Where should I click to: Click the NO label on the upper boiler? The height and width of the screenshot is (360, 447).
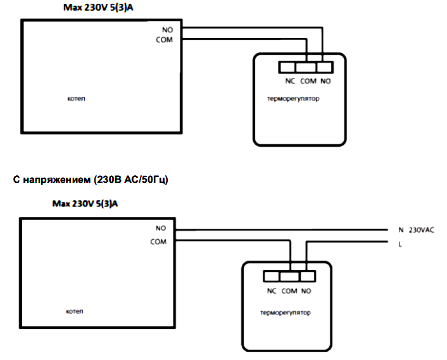pyautogui.click(x=168, y=30)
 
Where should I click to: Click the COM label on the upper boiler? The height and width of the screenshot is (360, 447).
pyautogui.click(x=164, y=40)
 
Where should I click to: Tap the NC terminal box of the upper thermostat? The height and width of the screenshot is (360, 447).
pyautogui.click(x=287, y=68)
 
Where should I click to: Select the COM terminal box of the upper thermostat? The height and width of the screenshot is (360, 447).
pyautogui.click(x=306, y=68)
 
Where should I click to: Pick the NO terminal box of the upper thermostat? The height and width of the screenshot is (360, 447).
pyautogui.click(x=325, y=68)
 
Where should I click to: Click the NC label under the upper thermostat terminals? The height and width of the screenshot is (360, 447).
pyautogui.click(x=290, y=81)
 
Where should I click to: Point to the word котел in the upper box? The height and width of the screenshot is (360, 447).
pyautogui.click(x=76, y=99)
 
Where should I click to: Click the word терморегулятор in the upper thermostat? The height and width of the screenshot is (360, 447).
pyautogui.click(x=293, y=99)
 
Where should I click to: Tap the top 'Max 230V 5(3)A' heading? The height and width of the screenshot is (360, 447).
pyautogui.click(x=98, y=8)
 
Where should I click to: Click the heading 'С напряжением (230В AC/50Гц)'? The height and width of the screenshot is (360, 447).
pyautogui.click(x=91, y=180)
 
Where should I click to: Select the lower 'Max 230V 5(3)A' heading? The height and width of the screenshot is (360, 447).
pyautogui.click(x=85, y=204)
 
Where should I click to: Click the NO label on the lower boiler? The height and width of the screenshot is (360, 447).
pyautogui.click(x=161, y=228)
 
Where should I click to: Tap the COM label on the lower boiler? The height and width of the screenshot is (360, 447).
pyautogui.click(x=158, y=242)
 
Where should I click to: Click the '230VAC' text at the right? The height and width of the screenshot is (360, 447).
pyautogui.click(x=421, y=230)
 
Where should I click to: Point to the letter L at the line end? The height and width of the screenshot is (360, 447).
pyautogui.click(x=400, y=244)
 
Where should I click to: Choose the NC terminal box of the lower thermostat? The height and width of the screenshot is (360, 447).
pyautogui.click(x=272, y=276)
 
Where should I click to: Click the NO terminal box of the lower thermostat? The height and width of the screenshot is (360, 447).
pyautogui.click(x=308, y=276)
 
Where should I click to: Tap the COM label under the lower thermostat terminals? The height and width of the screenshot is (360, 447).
pyautogui.click(x=289, y=291)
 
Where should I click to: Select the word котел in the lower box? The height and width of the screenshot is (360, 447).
pyautogui.click(x=75, y=311)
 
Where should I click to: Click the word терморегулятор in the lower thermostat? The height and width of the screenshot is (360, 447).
pyautogui.click(x=286, y=313)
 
